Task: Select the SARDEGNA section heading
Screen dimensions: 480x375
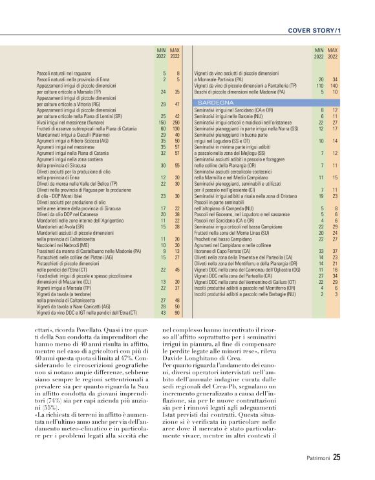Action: pos(216,103)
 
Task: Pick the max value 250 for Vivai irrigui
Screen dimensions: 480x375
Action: pos(175,121)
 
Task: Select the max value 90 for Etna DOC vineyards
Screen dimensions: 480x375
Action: pos(176,312)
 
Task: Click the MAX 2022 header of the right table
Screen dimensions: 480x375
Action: pos(332,53)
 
